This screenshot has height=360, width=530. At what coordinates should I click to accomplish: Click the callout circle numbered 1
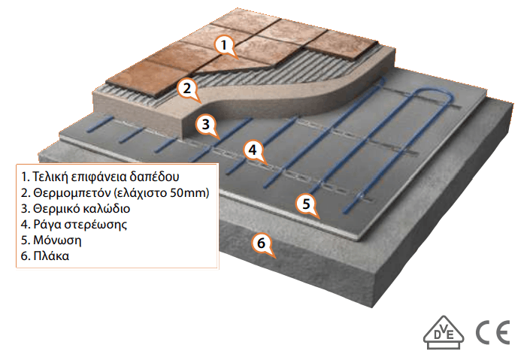(x=223, y=45)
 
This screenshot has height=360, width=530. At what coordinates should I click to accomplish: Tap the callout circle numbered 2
(x=186, y=88)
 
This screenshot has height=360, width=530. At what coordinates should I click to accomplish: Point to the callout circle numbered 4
(x=253, y=150)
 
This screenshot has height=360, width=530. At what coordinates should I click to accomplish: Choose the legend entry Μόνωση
(x=53, y=241)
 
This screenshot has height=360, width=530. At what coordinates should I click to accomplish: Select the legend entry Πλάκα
(x=48, y=256)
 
